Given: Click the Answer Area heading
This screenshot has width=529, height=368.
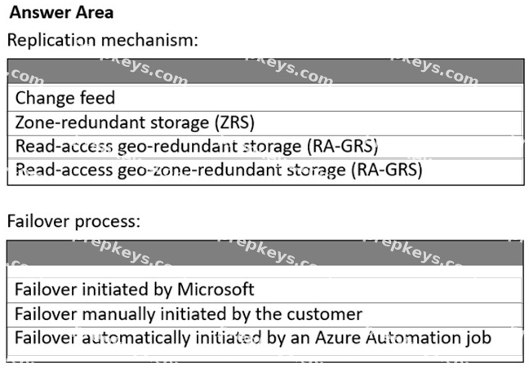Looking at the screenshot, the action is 61,12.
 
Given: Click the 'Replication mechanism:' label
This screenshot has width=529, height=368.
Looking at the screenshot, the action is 103,40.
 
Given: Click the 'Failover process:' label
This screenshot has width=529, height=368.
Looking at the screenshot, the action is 73,222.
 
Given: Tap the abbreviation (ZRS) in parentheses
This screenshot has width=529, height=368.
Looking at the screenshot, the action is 235,122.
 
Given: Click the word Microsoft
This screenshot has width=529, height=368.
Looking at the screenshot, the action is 216,290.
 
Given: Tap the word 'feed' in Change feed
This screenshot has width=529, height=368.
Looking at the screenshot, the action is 97,98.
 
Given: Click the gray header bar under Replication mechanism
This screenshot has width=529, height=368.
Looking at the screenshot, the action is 266,72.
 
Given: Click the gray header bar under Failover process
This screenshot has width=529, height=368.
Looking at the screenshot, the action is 265,253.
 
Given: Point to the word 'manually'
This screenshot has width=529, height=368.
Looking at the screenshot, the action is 118,314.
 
